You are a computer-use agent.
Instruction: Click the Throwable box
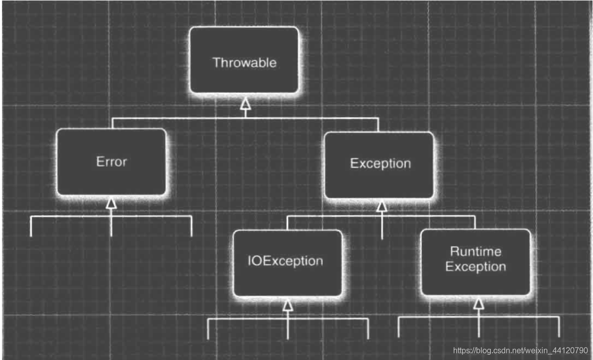[244, 60]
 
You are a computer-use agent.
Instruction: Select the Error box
[111, 162]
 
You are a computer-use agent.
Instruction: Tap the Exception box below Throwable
[380, 165]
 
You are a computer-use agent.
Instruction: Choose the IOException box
[288, 262]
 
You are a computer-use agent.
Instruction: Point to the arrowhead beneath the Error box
[111, 203]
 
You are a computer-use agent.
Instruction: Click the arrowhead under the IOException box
[288, 305]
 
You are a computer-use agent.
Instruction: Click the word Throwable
[244, 63]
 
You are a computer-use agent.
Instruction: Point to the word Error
[111, 162]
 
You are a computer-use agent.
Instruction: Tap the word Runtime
[475, 251]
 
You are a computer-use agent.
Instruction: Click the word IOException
[285, 261]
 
